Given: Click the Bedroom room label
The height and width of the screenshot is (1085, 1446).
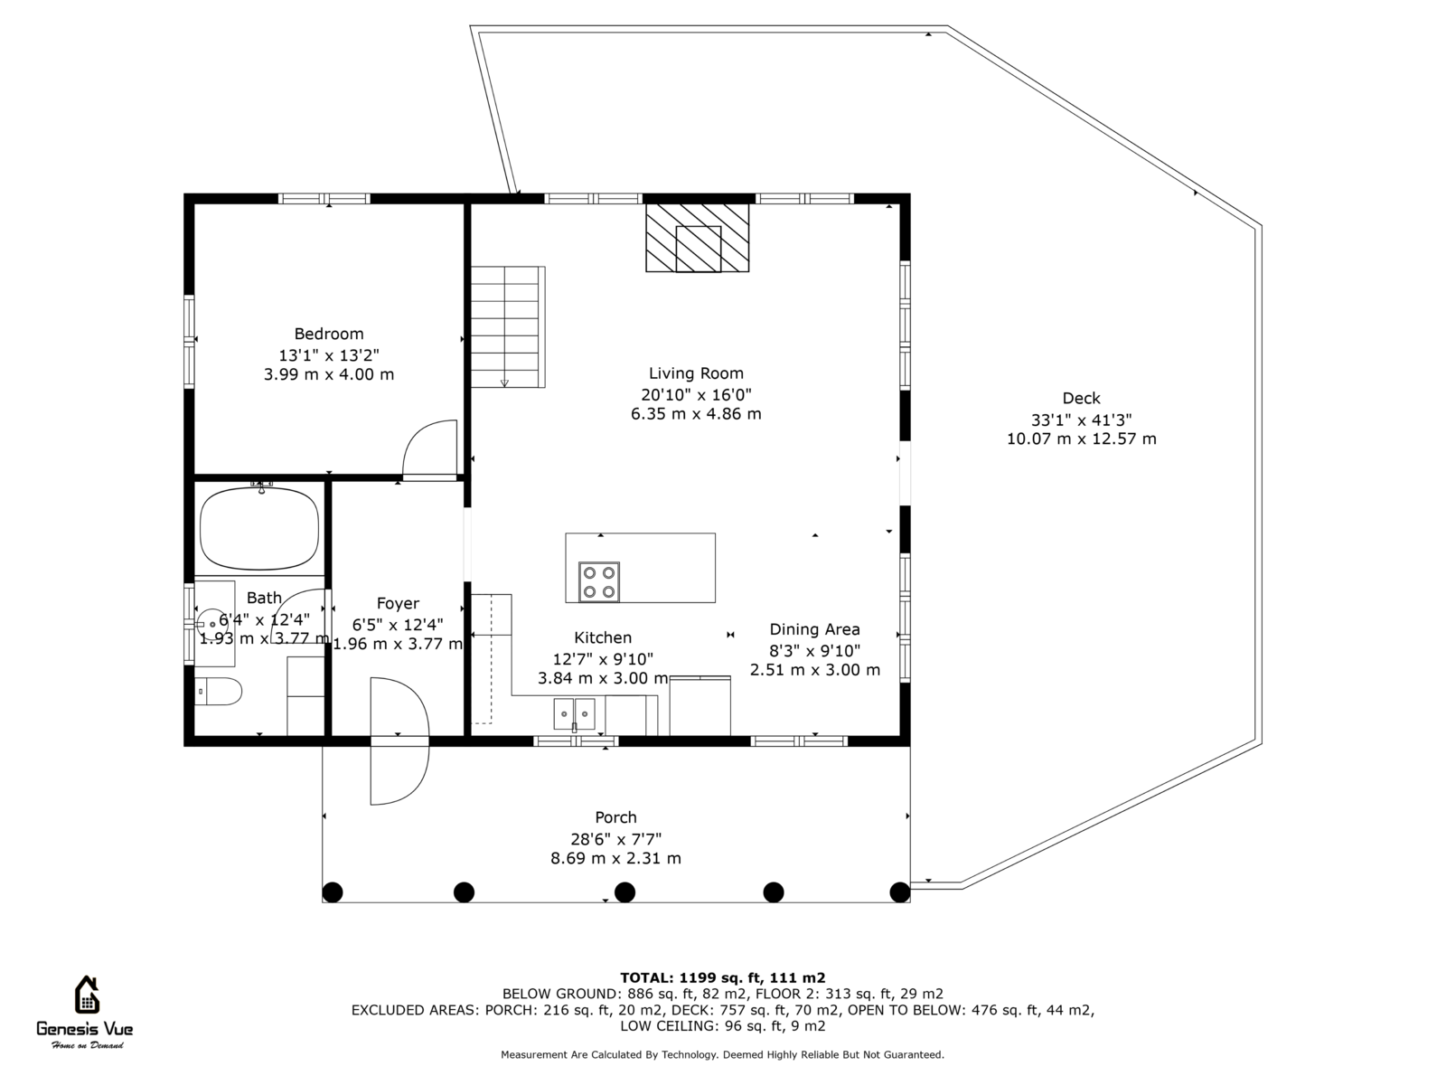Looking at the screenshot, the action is point(329,334).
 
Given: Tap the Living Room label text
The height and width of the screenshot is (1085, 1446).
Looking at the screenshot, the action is point(696,373).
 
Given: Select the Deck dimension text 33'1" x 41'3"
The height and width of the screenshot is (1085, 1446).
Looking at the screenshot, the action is point(1081,420).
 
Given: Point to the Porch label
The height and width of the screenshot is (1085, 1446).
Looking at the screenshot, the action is point(616,817).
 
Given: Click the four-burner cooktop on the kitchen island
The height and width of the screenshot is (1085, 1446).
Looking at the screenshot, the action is point(599,582).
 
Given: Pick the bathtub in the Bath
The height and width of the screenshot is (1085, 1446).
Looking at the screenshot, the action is point(259,528).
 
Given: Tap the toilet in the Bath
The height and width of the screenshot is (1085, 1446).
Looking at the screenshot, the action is point(219,692).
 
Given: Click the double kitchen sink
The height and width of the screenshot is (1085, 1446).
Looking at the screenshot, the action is point(575,714).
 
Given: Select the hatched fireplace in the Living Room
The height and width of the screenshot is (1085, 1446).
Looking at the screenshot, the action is point(697,238).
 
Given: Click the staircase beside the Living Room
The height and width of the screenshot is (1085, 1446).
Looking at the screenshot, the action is point(508,326).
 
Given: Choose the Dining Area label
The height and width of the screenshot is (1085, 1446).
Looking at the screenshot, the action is point(815,630).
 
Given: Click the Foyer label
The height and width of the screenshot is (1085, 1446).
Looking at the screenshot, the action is point(398,603).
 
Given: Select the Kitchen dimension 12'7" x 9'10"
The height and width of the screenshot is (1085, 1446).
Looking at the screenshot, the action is point(603,659).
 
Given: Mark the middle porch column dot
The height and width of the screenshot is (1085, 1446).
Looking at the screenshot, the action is point(624,892).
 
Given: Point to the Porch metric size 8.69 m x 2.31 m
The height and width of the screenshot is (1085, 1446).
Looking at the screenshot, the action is point(616,858).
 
